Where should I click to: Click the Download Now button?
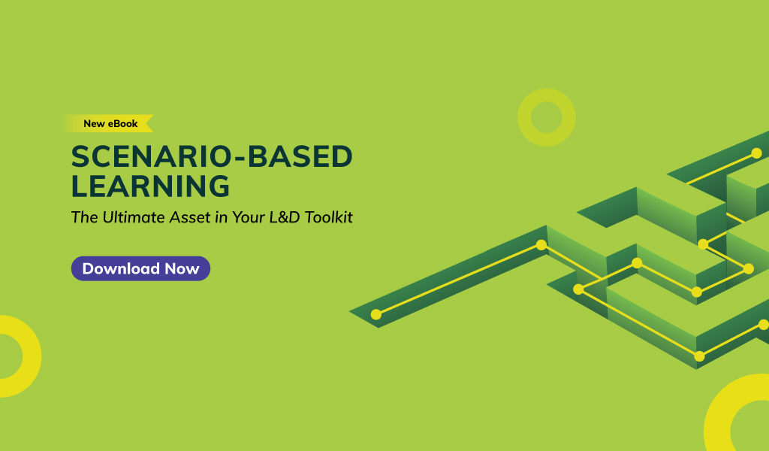(140, 268)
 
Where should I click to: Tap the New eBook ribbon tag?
(109, 124)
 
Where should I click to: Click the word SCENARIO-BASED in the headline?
(212, 156)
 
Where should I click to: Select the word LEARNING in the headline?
(150, 186)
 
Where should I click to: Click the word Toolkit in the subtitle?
(329, 217)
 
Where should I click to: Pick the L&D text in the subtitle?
(285, 217)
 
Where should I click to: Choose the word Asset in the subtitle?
(190, 217)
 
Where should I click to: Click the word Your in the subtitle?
(249, 217)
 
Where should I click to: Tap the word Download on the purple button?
(121, 268)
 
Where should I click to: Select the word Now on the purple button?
(182, 269)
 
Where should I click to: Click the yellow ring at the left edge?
(32, 356)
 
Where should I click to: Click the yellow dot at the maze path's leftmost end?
(376, 314)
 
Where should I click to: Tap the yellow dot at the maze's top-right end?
(757, 153)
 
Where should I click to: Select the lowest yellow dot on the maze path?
(700, 357)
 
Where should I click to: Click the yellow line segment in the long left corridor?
(459, 280)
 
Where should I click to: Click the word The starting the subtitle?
(84, 217)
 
